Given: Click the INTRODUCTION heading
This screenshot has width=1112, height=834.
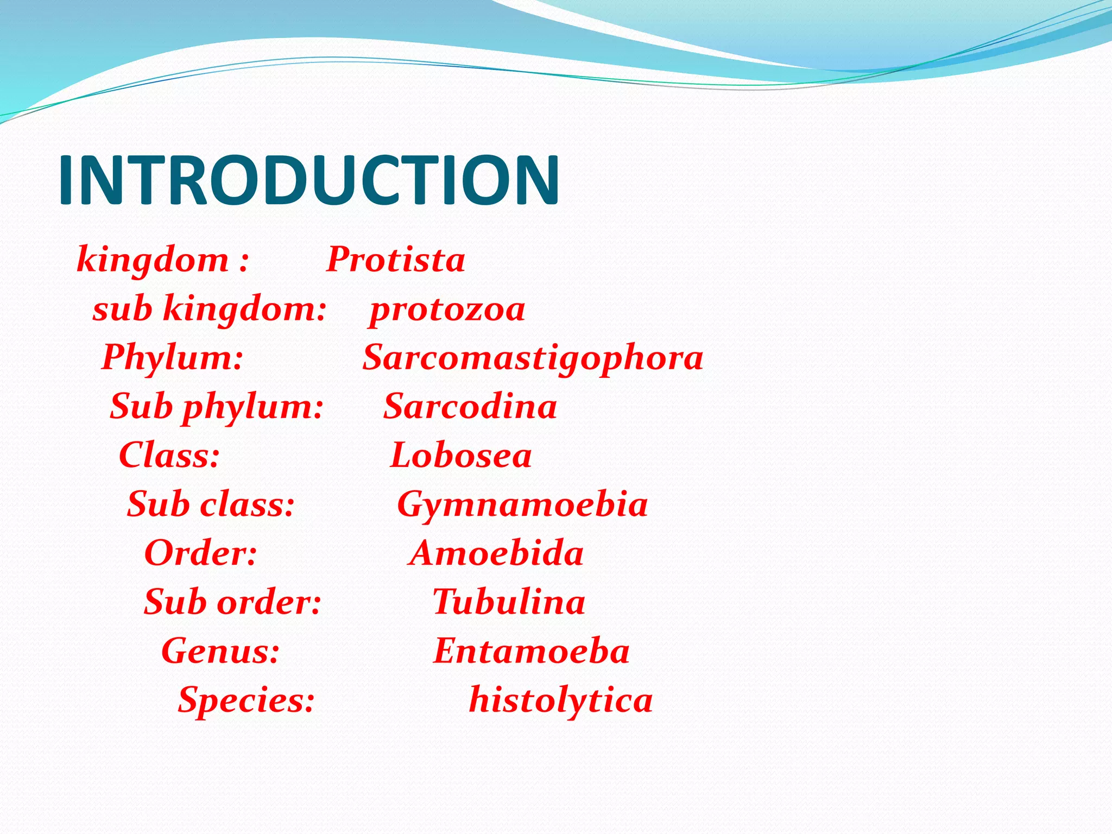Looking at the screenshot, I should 308,180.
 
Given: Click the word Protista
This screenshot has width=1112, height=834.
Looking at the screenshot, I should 396,260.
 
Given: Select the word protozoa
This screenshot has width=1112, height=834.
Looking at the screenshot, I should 447,309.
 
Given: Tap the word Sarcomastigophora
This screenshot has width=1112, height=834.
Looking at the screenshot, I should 533,358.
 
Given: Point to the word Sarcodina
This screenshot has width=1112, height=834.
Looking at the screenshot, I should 470,407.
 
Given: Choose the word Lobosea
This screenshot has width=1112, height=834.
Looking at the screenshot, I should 461,456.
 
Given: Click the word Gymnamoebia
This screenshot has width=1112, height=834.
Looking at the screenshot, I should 522,504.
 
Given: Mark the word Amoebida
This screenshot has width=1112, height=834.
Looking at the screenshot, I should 496,553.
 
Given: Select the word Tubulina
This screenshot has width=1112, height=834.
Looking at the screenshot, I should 509,602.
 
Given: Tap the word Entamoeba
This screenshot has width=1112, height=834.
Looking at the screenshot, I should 531,651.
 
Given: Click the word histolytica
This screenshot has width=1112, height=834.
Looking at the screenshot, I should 560,700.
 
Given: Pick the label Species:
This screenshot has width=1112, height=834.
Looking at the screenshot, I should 247,700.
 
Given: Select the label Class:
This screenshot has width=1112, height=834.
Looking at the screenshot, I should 169,456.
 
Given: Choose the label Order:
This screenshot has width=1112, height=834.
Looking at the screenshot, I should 201,553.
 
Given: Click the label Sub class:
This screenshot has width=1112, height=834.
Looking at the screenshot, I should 211,504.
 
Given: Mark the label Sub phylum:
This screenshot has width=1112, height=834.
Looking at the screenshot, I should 217,407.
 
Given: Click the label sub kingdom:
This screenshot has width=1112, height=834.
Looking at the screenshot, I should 210,309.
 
